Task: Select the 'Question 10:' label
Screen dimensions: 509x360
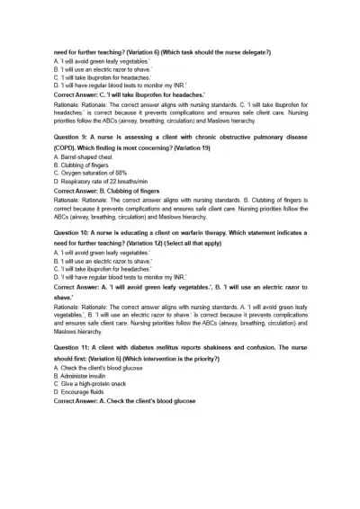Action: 75,231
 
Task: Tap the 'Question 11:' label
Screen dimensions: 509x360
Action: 75,346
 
